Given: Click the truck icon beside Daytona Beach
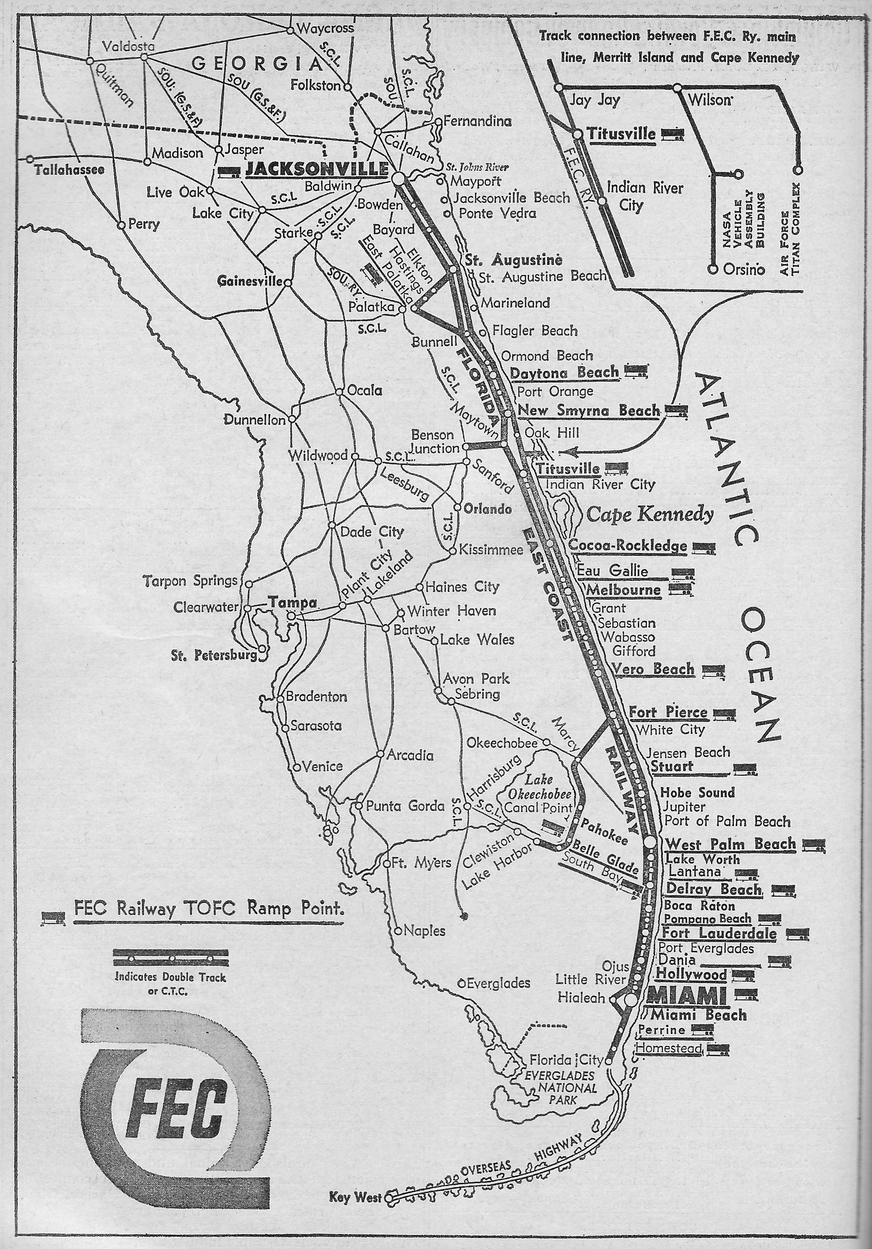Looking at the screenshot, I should [636, 372].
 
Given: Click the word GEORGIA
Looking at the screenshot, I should [258, 65].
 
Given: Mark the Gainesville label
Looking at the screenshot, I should [250, 281].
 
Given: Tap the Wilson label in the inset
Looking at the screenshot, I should [708, 100].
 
